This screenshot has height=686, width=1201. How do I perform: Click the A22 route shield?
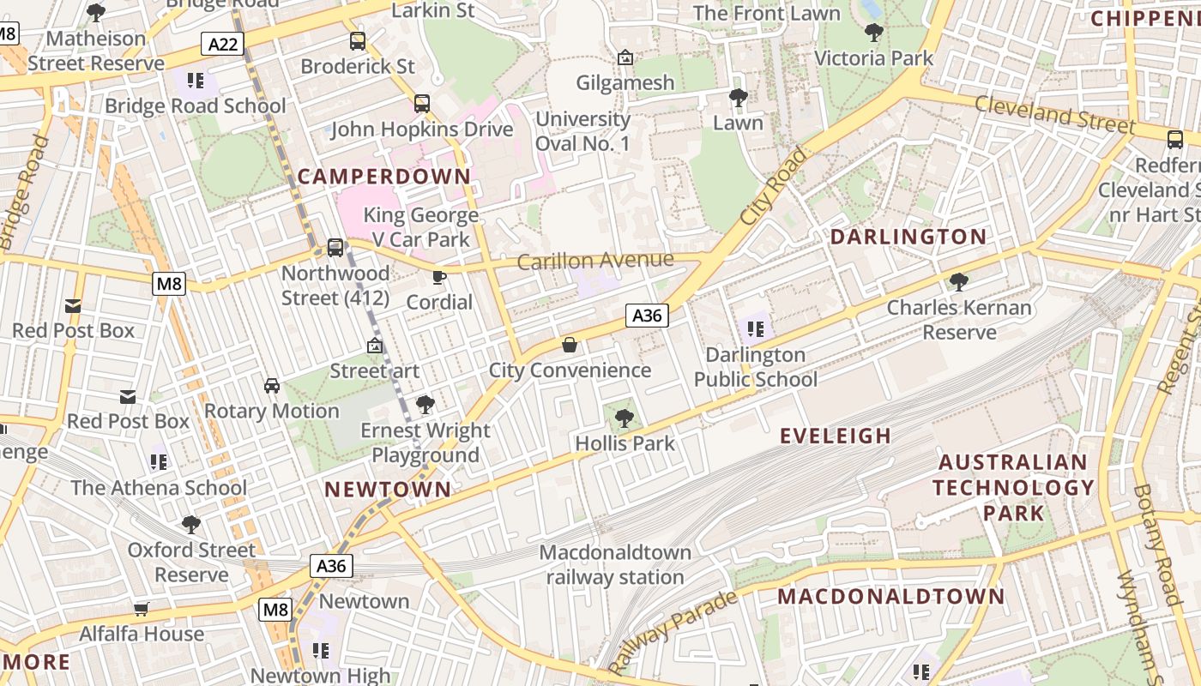(x=223, y=44)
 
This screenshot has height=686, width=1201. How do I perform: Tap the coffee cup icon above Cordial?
(x=439, y=277)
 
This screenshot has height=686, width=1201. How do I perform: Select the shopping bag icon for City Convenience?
(x=569, y=345)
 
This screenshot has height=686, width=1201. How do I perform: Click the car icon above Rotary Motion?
(x=272, y=386)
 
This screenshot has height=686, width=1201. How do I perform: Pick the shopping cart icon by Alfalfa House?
(x=142, y=609)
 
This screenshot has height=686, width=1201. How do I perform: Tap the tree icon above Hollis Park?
(x=625, y=418)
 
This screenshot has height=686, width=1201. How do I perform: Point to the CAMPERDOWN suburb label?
(x=384, y=177)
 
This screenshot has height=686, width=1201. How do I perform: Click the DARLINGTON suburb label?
(x=908, y=237)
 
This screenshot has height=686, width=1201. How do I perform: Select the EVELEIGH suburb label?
(x=835, y=436)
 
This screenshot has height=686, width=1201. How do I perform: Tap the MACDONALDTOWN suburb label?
(x=890, y=596)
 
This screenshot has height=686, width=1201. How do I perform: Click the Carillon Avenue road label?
(x=595, y=261)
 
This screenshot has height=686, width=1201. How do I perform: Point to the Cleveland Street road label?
(x=1054, y=115)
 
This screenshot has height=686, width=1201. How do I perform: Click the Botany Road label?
(x=1156, y=545)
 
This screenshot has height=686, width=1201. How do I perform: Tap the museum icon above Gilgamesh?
(x=625, y=58)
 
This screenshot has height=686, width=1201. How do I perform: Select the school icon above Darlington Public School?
(x=755, y=328)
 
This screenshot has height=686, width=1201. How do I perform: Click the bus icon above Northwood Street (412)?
(x=335, y=248)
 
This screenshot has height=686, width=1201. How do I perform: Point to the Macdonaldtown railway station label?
(x=615, y=564)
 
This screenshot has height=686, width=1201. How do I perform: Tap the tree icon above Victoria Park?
(x=873, y=33)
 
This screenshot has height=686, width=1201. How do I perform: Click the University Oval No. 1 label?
(x=582, y=131)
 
